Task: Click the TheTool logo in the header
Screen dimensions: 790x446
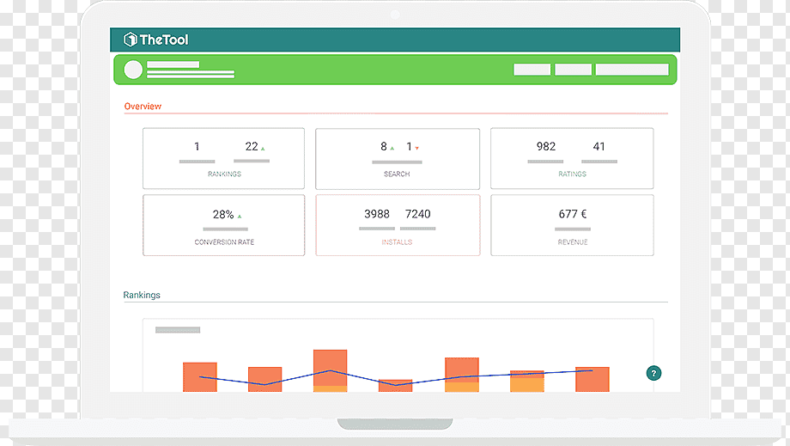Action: [155, 40]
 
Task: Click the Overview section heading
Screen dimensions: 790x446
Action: [143, 107]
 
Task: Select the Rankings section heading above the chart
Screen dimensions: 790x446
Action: [142, 295]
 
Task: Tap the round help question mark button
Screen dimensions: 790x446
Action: [653, 373]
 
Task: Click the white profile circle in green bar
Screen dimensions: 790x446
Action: [133, 70]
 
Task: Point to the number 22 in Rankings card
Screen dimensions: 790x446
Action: [252, 146]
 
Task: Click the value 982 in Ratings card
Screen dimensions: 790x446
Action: [545, 146]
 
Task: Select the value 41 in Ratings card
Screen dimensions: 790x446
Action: [599, 146]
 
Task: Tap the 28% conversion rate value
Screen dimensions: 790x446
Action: [223, 215]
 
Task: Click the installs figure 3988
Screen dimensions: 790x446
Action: [377, 214]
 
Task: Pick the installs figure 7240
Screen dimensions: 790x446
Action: [417, 214]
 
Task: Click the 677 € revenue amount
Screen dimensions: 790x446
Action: [573, 214]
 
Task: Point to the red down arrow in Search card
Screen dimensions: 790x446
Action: [417, 148]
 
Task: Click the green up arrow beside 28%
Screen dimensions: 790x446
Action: [240, 217]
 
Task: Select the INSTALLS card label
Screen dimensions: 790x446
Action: [397, 242]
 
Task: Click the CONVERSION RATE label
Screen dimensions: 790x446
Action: [224, 242]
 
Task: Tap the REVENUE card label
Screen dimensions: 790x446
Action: [573, 242]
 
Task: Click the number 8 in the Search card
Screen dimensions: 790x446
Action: [384, 146]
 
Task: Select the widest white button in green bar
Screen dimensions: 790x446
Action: [632, 70]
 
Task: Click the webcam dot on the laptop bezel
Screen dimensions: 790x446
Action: [395, 15]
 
